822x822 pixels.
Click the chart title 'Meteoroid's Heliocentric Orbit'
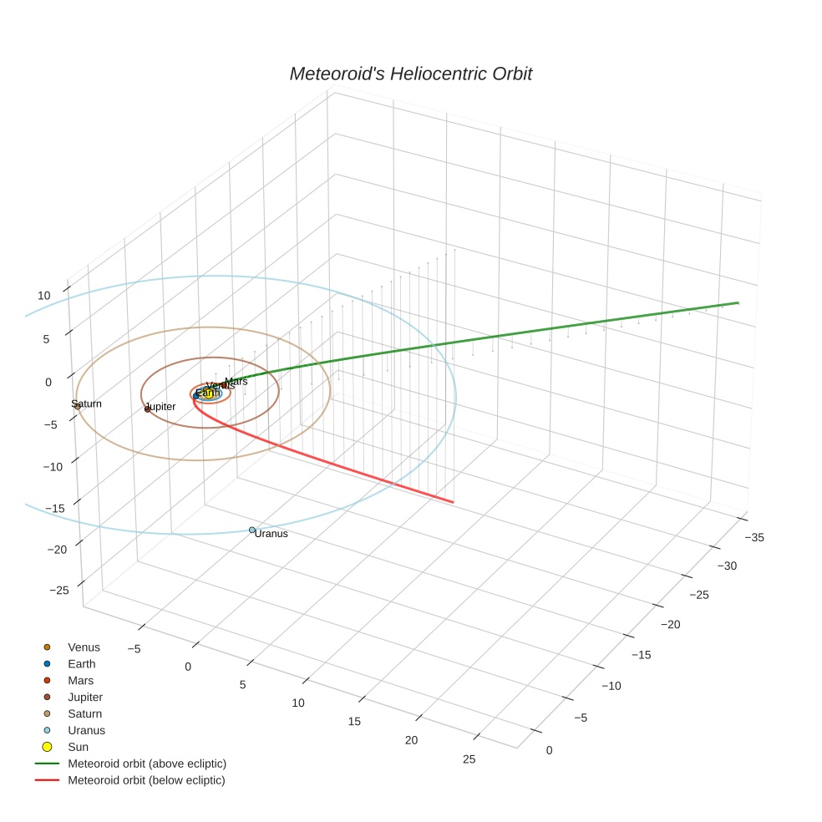(410, 74)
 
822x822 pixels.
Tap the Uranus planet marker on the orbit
(252, 530)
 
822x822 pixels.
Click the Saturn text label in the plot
(87, 403)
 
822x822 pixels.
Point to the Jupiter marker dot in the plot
(148, 408)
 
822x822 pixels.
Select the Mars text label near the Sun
(236, 381)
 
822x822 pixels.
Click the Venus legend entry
(84, 647)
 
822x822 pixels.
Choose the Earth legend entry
(82, 663)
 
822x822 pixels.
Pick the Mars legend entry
(80, 680)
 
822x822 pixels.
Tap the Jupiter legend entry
(85, 697)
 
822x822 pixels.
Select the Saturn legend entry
(85, 713)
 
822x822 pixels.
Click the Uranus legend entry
(86, 730)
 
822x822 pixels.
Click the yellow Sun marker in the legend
(48, 747)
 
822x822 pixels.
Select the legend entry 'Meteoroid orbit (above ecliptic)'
(147, 764)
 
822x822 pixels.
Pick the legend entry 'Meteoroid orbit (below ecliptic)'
(146, 780)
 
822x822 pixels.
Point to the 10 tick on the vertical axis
(43, 295)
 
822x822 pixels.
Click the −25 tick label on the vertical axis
(59, 590)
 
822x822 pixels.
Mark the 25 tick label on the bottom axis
(469, 759)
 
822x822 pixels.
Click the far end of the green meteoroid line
(738, 302)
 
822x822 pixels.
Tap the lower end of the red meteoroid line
(453, 502)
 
